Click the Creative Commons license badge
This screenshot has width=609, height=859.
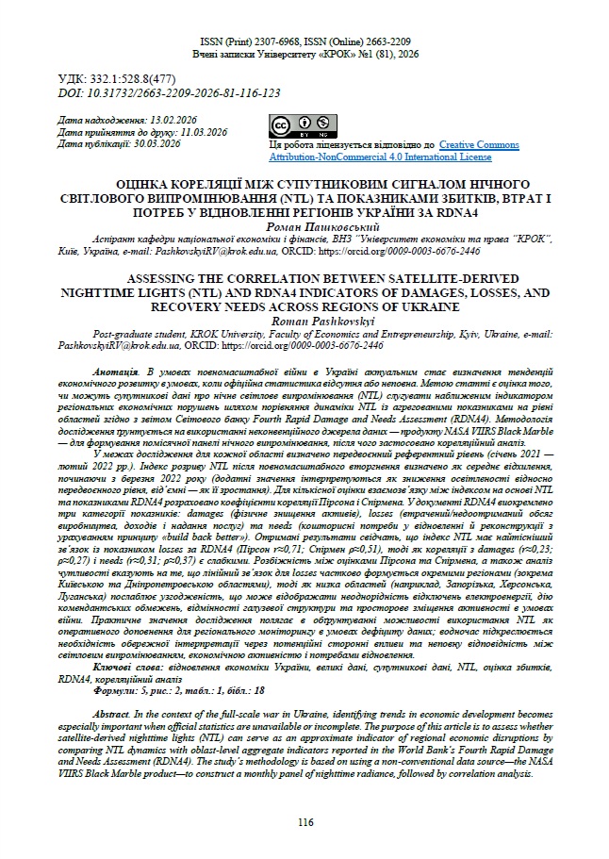point(294,126)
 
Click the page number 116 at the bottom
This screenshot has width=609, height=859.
point(304,822)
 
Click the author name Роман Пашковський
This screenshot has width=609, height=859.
point(304,226)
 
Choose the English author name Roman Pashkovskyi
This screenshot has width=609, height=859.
point(304,322)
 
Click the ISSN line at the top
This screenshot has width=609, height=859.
point(304,43)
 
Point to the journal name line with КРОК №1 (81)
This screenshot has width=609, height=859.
point(304,56)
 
